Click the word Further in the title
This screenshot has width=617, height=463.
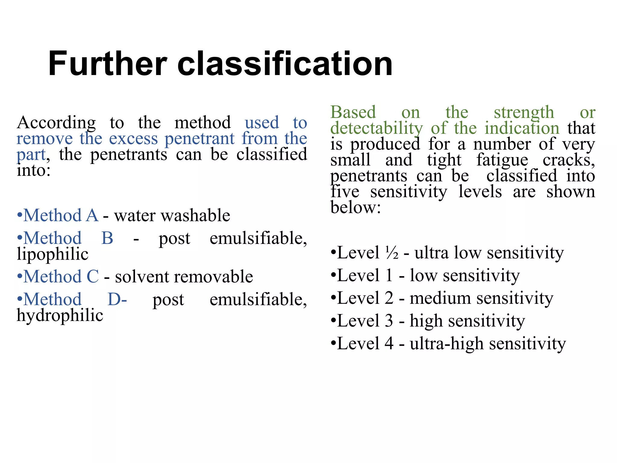(x=107, y=64)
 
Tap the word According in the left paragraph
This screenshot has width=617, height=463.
(x=56, y=123)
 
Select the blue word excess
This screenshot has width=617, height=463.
(x=133, y=139)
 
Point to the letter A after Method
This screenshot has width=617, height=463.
(x=92, y=216)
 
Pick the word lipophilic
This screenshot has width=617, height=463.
(x=53, y=254)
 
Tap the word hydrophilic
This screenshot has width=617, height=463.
(x=60, y=316)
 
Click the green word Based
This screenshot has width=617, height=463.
(x=353, y=112)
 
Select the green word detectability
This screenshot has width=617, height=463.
(x=377, y=128)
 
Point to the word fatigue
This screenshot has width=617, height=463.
(x=502, y=160)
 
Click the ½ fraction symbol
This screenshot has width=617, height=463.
(x=392, y=253)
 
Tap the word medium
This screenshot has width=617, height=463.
(x=440, y=298)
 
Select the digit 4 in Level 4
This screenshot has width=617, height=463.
(x=389, y=344)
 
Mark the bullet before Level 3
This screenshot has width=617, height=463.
(x=333, y=321)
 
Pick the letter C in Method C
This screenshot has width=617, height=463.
(x=92, y=277)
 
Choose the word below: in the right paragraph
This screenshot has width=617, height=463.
(x=355, y=208)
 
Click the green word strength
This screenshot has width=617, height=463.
(x=524, y=113)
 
